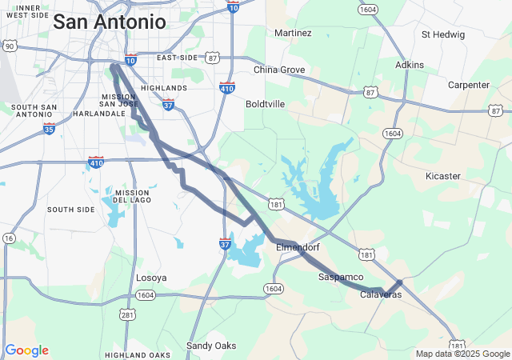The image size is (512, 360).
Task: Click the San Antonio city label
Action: [110, 22]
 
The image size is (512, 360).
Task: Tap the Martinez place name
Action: [293, 33]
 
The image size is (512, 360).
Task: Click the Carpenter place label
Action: [468, 85]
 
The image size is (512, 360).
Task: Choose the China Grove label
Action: [279, 70]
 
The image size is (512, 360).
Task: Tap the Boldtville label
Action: [266, 104]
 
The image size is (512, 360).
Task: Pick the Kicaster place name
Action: [442, 175]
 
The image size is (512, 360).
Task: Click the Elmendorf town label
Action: [298, 248]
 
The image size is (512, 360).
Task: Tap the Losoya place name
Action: [151, 278]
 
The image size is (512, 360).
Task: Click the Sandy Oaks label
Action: [211, 346]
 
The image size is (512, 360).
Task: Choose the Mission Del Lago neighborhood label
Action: [132, 197]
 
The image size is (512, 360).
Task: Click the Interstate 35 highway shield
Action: [50, 128]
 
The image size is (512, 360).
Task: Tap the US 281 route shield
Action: [127, 314]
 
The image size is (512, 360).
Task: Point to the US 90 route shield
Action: [9, 46]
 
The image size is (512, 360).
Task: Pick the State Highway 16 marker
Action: [8, 238]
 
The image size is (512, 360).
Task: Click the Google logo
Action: [26, 350]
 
